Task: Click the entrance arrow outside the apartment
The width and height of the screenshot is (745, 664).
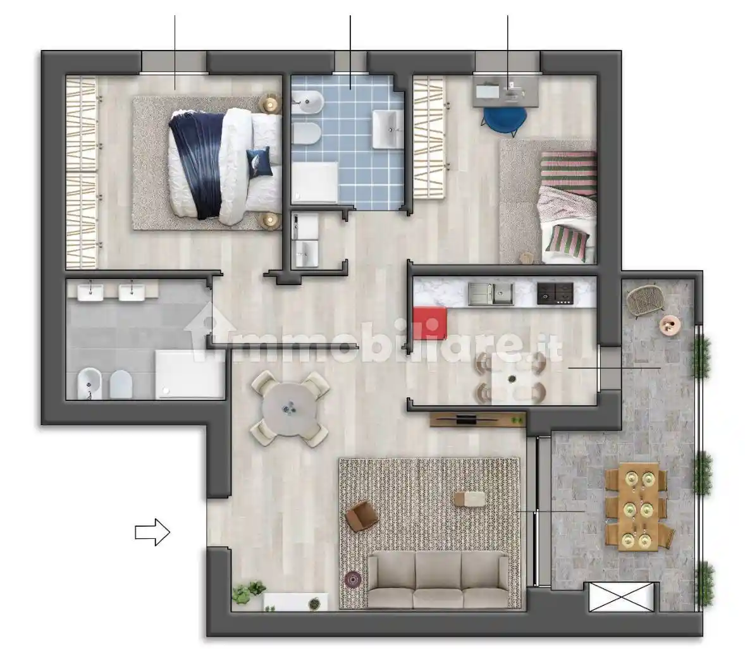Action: (152, 532)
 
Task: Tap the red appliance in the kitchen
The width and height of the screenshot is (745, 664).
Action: (430, 323)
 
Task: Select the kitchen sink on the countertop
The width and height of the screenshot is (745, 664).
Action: (491, 293)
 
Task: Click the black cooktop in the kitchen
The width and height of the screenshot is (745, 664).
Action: (555, 293)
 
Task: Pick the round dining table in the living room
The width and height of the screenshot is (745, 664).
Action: (290, 409)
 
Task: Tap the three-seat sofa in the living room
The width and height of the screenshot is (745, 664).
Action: (438, 581)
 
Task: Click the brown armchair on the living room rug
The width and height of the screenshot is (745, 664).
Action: (362, 515)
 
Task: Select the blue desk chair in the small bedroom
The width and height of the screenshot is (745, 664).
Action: (505, 120)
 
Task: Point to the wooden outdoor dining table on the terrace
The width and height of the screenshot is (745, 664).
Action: (639, 507)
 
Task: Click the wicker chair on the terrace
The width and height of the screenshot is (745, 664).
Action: (643, 299)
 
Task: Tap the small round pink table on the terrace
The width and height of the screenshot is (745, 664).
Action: (670, 326)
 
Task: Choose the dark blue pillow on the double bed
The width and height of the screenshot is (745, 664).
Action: (259, 161)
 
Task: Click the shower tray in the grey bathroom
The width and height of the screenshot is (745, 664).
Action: (189, 374)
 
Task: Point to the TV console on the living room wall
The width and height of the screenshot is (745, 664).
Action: (478, 419)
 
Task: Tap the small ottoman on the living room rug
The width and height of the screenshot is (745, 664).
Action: (469, 499)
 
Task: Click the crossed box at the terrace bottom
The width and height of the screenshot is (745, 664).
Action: (622, 596)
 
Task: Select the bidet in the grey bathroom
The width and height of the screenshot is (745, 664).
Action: (89, 383)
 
